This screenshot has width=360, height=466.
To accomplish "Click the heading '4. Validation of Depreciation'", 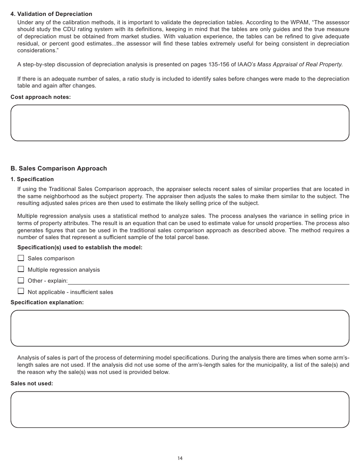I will [x=51, y=14].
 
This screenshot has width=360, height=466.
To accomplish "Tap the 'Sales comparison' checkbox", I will [x=21, y=258].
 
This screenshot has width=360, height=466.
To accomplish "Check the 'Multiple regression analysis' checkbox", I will [x=21, y=269].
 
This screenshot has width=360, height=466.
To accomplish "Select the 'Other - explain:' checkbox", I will [x=21, y=280].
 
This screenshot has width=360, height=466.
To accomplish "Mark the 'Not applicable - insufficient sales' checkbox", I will [x=21, y=291].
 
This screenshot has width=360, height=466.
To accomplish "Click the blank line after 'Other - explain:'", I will [x=208, y=281].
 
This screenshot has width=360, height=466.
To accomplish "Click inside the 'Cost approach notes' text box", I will [x=180, y=123].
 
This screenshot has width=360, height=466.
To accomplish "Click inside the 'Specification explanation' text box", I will [x=180, y=328].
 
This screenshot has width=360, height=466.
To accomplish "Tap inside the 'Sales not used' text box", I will [x=180, y=410].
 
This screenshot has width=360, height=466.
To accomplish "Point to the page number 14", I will [x=180, y=458].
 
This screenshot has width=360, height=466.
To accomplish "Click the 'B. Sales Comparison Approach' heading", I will [x=59, y=169].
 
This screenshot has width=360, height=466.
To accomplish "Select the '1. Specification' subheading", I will [x=32, y=179].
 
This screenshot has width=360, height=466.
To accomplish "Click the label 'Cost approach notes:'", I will [x=41, y=97].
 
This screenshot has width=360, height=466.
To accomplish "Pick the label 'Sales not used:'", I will [x=32, y=383].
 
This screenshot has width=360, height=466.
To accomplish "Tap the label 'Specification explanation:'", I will [x=47, y=302].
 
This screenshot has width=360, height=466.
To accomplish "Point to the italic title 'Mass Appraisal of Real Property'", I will [x=300, y=64].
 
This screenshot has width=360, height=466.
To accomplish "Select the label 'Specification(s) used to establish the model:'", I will [x=80, y=248].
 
